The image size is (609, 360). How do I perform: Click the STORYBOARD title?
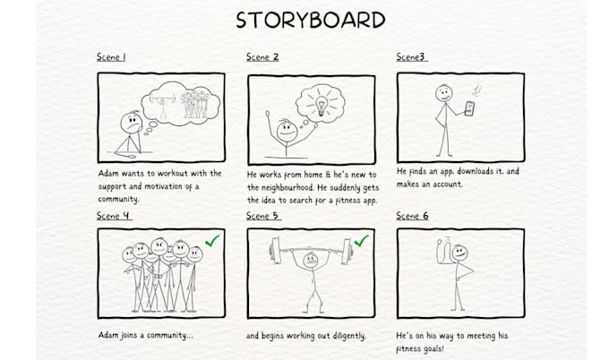[311, 20]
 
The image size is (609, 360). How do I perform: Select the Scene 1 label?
[111, 57]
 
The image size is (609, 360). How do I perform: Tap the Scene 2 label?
[262, 57]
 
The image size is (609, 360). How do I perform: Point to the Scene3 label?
[411, 57]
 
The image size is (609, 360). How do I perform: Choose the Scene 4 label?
[114, 216]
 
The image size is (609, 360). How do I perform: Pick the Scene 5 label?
[263, 216]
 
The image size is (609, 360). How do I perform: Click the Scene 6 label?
[413, 216]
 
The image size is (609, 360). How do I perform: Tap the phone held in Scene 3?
[468, 108]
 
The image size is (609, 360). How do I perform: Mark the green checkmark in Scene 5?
[361, 241]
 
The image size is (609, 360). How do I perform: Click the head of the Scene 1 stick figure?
[132, 118]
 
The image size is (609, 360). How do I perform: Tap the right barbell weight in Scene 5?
[357, 252]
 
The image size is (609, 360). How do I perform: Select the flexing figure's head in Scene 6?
[459, 254]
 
